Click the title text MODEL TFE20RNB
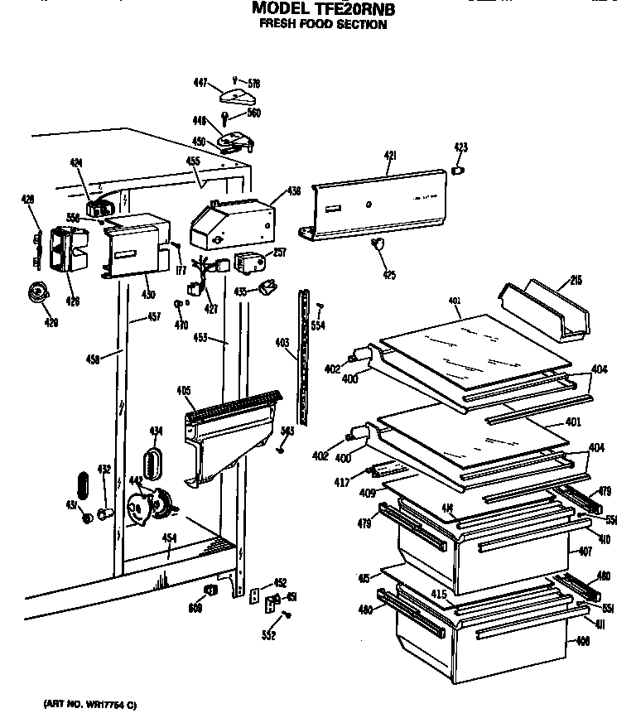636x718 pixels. click(323, 10)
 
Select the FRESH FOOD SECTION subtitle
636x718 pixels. click(323, 25)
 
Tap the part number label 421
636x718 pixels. click(390, 156)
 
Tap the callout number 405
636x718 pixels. click(183, 391)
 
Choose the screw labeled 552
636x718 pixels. click(287, 614)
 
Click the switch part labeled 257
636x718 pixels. click(248, 263)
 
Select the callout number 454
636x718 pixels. click(168, 538)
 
